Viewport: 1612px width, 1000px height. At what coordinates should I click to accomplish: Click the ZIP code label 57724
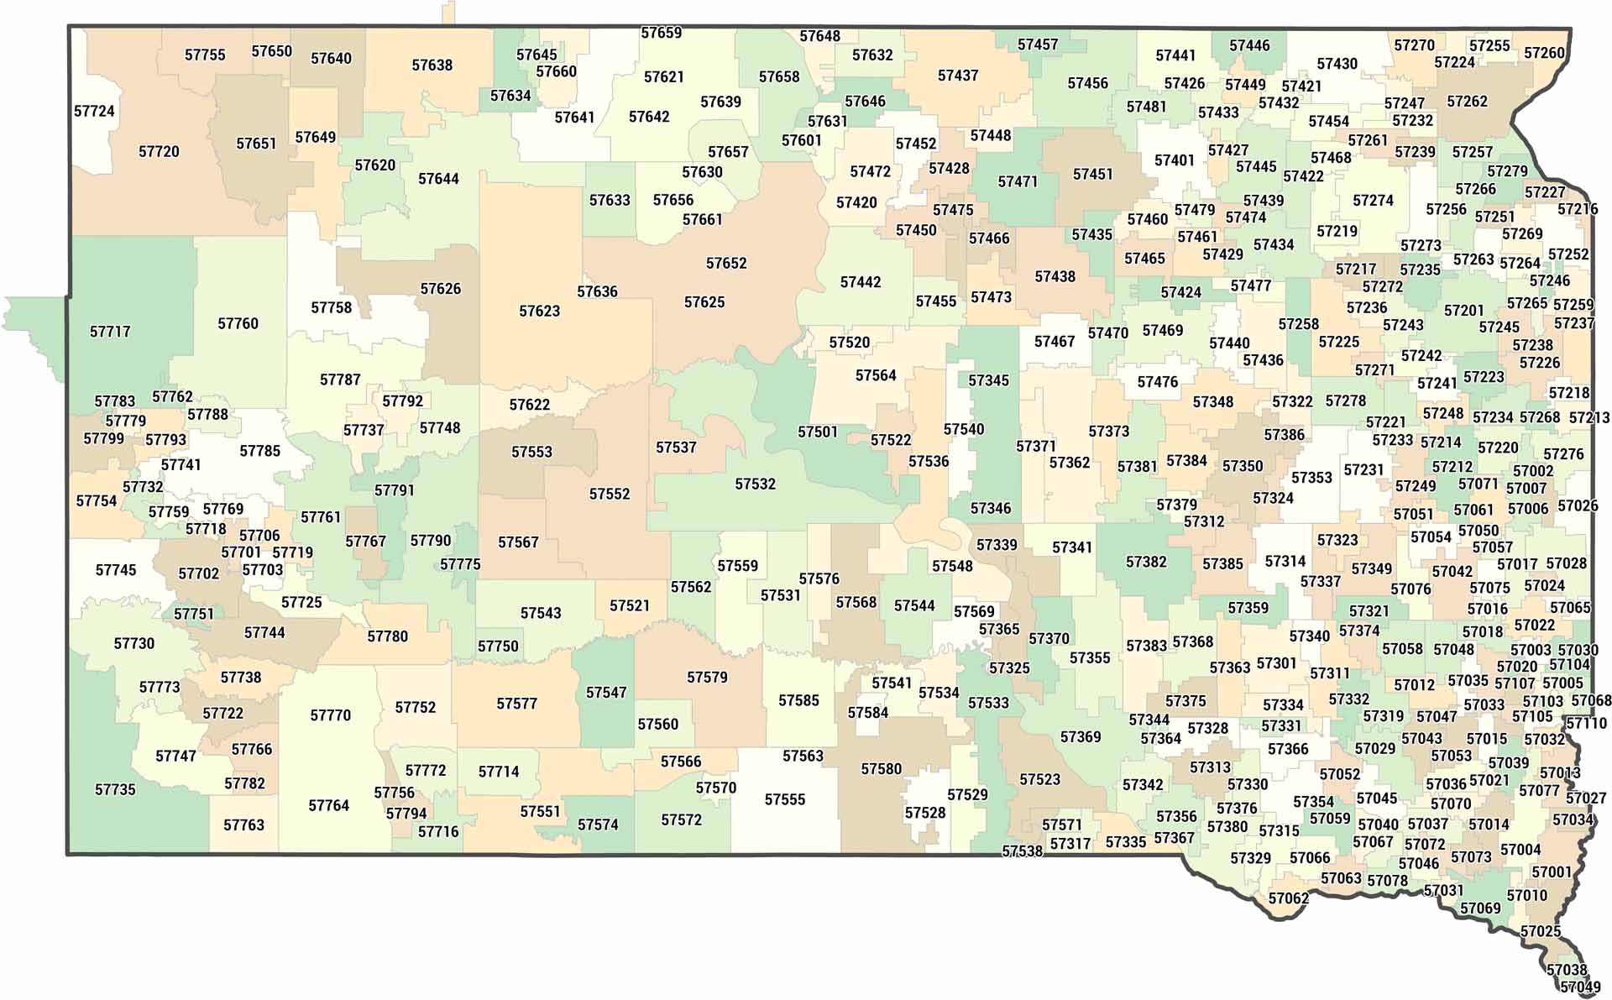point(94,111)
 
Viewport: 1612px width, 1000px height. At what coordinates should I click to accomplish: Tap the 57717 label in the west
point(110,332)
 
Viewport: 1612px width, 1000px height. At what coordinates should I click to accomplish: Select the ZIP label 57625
point(704,302)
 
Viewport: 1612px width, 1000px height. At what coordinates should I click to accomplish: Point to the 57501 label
point(817,432)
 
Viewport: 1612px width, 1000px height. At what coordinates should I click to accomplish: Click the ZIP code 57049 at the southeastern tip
point(1580,987)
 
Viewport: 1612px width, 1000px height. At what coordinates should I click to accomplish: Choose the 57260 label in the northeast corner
point(1544,53)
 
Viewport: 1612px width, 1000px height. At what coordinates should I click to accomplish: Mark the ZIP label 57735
point(115,790)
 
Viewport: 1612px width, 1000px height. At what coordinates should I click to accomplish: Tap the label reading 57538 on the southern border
point(1022,851)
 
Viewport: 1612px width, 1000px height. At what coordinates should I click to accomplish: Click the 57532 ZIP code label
point(755,484)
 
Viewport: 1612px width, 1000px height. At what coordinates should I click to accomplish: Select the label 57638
point(432,65)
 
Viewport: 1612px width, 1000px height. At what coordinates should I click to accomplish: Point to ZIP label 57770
point(330,715)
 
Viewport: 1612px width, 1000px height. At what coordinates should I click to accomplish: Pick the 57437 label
point(958,76)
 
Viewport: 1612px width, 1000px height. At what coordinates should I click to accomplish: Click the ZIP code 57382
point(1146,562)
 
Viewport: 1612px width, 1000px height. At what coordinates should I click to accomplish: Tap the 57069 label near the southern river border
point(1480,908)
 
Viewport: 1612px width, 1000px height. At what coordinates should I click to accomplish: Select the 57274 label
point(1373,201)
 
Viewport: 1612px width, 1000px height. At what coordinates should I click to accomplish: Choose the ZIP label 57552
point(609,495)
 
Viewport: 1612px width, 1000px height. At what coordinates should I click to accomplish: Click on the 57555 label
point(784,800)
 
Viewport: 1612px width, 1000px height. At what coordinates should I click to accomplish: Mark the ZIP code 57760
point(238,324)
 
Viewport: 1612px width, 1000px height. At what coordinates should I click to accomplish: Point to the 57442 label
point(861,282)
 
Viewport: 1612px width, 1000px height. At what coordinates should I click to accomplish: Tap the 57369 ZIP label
point(1080,737)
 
